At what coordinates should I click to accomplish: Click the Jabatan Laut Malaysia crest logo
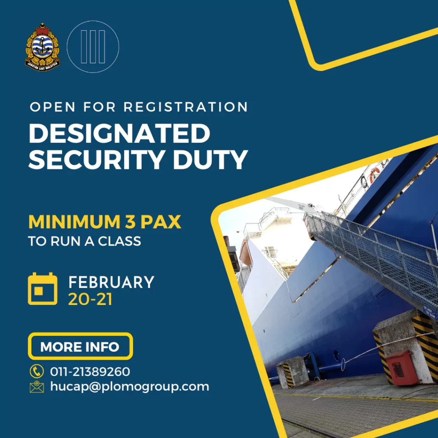42,47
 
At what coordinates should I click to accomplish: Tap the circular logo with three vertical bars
93,47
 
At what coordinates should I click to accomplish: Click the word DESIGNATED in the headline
119,133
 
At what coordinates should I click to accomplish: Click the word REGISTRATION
186,107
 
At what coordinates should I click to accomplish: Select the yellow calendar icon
43,289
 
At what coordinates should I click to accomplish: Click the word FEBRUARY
112,282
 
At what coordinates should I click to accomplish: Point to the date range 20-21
90,299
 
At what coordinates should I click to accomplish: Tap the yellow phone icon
37,371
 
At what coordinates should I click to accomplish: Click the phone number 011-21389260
90,372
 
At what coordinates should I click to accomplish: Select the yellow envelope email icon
37,387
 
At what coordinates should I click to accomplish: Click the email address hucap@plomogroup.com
130,387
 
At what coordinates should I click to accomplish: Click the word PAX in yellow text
161,222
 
